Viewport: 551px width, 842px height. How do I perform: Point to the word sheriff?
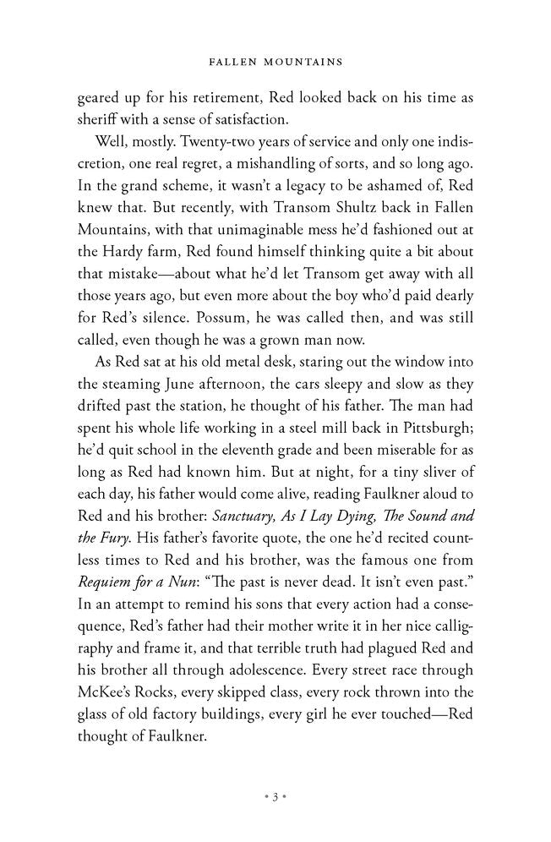97,120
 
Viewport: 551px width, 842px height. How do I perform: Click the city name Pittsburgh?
429,406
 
